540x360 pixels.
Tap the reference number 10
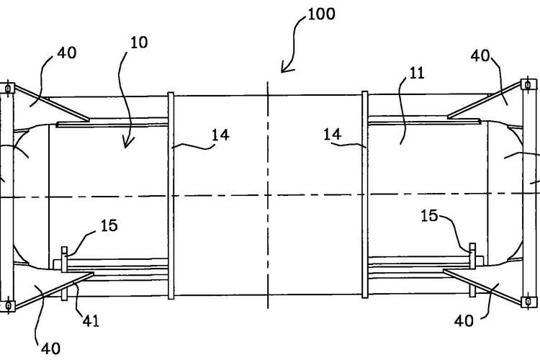pyautogui.click(x=140, y=42)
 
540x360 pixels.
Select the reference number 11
pyautogui.click(x=417, y=73)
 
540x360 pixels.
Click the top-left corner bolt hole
pyautogui.click(x=7, y=89)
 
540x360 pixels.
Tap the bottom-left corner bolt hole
pyautogui.click(x=7, y=305)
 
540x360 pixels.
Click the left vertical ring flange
pyautogui.click(x=171, y=194)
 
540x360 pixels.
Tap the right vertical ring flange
pyautogui.click(x=365, y=194)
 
